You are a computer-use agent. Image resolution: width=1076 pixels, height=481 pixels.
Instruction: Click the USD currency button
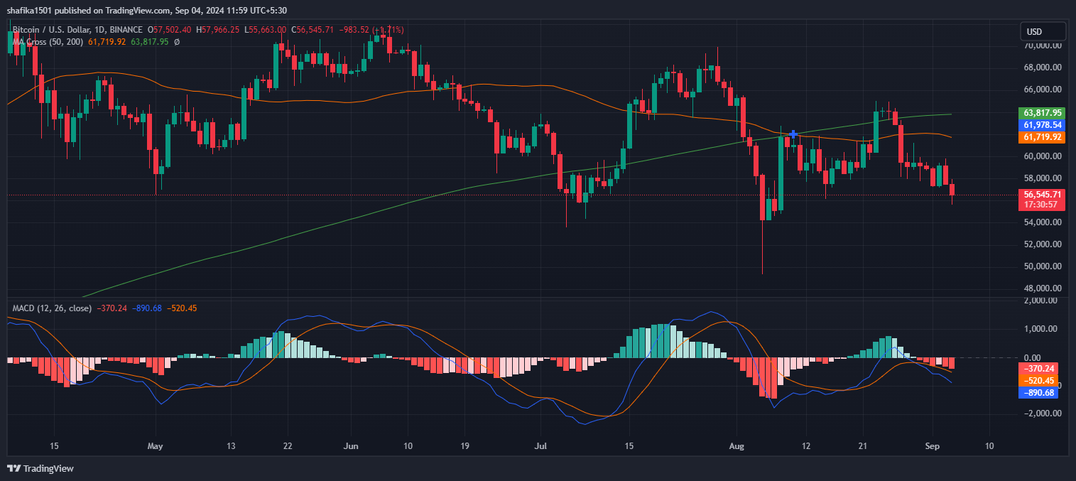click(x=1043, y=31)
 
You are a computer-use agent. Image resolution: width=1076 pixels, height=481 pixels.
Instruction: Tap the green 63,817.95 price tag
click(x=1042, y=113)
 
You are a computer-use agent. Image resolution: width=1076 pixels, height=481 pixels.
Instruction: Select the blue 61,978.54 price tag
click(x=1042, y=125)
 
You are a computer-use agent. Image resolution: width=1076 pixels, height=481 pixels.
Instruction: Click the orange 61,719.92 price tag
click(x=1042, y=136)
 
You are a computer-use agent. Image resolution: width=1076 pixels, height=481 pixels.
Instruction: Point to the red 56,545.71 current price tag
click(x=1042, y=194)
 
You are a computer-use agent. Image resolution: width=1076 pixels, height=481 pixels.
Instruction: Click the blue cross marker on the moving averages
click(x=793, y=134)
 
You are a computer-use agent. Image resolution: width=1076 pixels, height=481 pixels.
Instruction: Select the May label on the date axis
click(x=155, y=446)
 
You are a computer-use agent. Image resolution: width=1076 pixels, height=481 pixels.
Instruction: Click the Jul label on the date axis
click(x=541, y=446)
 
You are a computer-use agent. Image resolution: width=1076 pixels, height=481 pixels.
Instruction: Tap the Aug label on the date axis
click(x=737, y=446)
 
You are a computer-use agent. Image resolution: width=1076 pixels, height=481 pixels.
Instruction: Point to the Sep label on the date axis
click(x=933, y=446)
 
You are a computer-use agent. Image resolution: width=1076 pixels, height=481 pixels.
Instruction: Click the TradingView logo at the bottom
click(x=40, y=468)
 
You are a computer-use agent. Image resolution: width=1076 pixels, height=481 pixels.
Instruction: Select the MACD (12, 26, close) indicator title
click(x=52, y=308)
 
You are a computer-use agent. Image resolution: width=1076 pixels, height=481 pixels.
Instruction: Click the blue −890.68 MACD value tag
click(x=1038, y=392)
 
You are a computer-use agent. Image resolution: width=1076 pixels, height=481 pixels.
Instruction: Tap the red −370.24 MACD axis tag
click(x=1038, y=368)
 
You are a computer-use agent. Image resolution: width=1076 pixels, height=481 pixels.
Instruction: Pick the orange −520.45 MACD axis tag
click(x=1038, y=380)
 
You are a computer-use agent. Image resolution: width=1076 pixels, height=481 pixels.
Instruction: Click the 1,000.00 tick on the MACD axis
click(x=1041, y=329)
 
